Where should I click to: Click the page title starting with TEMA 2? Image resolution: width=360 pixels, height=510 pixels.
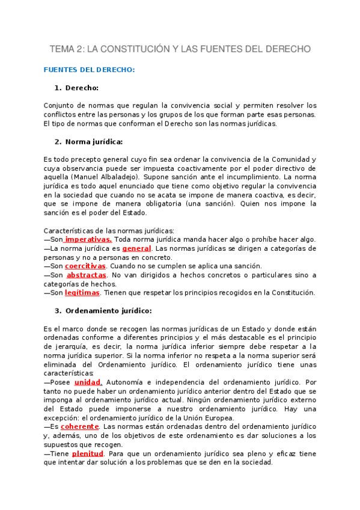coord(180,48)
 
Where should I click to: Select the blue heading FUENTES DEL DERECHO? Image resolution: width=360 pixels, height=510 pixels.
coord(89,70)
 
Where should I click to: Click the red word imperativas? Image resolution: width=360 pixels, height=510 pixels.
coord(88,239)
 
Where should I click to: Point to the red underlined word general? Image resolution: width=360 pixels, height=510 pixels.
coord(136,248)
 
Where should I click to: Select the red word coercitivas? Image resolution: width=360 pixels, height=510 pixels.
coord(85,266)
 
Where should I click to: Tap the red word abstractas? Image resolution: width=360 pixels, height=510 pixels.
coord(87,275)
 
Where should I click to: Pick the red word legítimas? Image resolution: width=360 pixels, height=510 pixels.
coord(82,293)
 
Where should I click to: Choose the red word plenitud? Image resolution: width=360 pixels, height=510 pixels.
coord(88,453)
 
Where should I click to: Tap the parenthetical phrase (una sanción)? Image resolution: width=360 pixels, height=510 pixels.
coord(215,204)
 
